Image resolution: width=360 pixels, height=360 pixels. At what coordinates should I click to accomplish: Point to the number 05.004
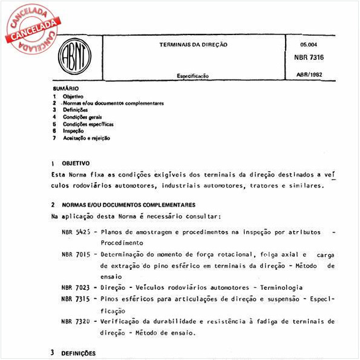pos(309,44)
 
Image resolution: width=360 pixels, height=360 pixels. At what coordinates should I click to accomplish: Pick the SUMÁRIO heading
pos(65,88)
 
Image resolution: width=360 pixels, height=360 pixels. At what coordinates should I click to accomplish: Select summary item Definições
pos(75,110)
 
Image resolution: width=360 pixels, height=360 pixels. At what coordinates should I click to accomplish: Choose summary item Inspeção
pos(73,131)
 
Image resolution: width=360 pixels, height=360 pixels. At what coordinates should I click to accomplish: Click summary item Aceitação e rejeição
pos(87,138)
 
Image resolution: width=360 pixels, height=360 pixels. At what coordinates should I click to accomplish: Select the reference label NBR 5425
pos(76,232)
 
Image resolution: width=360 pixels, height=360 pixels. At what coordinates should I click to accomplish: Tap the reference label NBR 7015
pos(76,255)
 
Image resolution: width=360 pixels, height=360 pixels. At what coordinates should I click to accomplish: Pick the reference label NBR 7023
pos(76,287)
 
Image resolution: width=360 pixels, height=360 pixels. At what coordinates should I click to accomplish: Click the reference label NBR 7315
pos(76,299)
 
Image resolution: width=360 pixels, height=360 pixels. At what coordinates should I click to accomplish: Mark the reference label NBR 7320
pos(76,321)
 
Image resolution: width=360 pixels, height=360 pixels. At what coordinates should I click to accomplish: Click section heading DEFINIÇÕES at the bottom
pos(79,353)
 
